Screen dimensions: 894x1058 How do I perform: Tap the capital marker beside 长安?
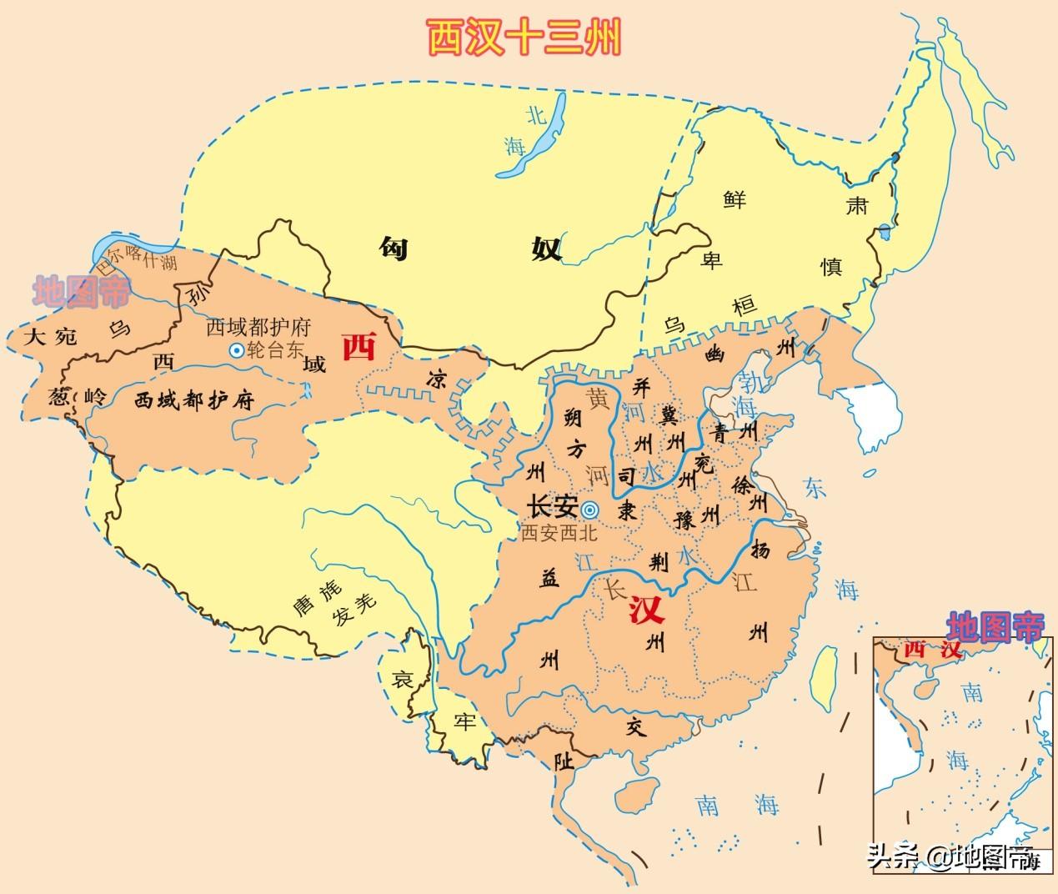(x=589, y=510)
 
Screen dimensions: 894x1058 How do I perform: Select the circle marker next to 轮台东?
(x=236, y=351)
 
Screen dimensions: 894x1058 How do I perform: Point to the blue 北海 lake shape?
(x=534, y=138)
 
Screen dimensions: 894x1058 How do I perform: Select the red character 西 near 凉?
(x=360, y=347)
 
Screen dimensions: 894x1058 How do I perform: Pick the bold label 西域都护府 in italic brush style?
(x=193, y=400)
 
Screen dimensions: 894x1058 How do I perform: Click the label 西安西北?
(x=559, y=533)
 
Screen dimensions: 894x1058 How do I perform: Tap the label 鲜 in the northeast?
(x=735, y=199)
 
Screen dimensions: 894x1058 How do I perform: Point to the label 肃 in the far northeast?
(x=857, y=206)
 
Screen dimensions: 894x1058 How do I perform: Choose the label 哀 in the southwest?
(x=403, y=680)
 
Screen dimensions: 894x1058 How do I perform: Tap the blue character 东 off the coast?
(x=815, y=488)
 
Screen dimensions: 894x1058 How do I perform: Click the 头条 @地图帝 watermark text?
(x=950, y=856)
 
